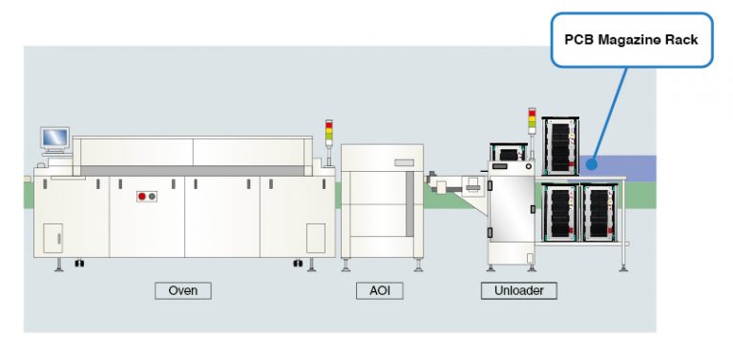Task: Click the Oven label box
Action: tap(182, 289)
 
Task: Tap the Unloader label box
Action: tap(518, 289)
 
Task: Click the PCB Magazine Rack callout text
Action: tap(631, 40)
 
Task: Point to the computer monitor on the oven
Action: tap(55, 138)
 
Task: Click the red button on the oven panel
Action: tap(143, 197)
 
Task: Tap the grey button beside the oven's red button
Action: tap(153, 197)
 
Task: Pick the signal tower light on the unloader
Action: tap(532, 123)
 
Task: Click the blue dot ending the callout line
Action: tap(592, 163)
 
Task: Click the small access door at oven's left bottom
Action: tap(53, 238)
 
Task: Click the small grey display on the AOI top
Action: tap(406, 161)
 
